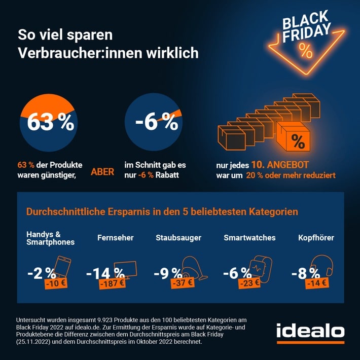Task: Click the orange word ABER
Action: tap(102, 171)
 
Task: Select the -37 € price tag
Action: tap(179, 283)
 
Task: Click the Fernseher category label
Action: tap(113, 237)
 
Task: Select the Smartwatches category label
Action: tap(249, 237)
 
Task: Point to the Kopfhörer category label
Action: tap(316, 237)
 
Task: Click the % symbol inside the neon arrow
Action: tap(305, 50)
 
